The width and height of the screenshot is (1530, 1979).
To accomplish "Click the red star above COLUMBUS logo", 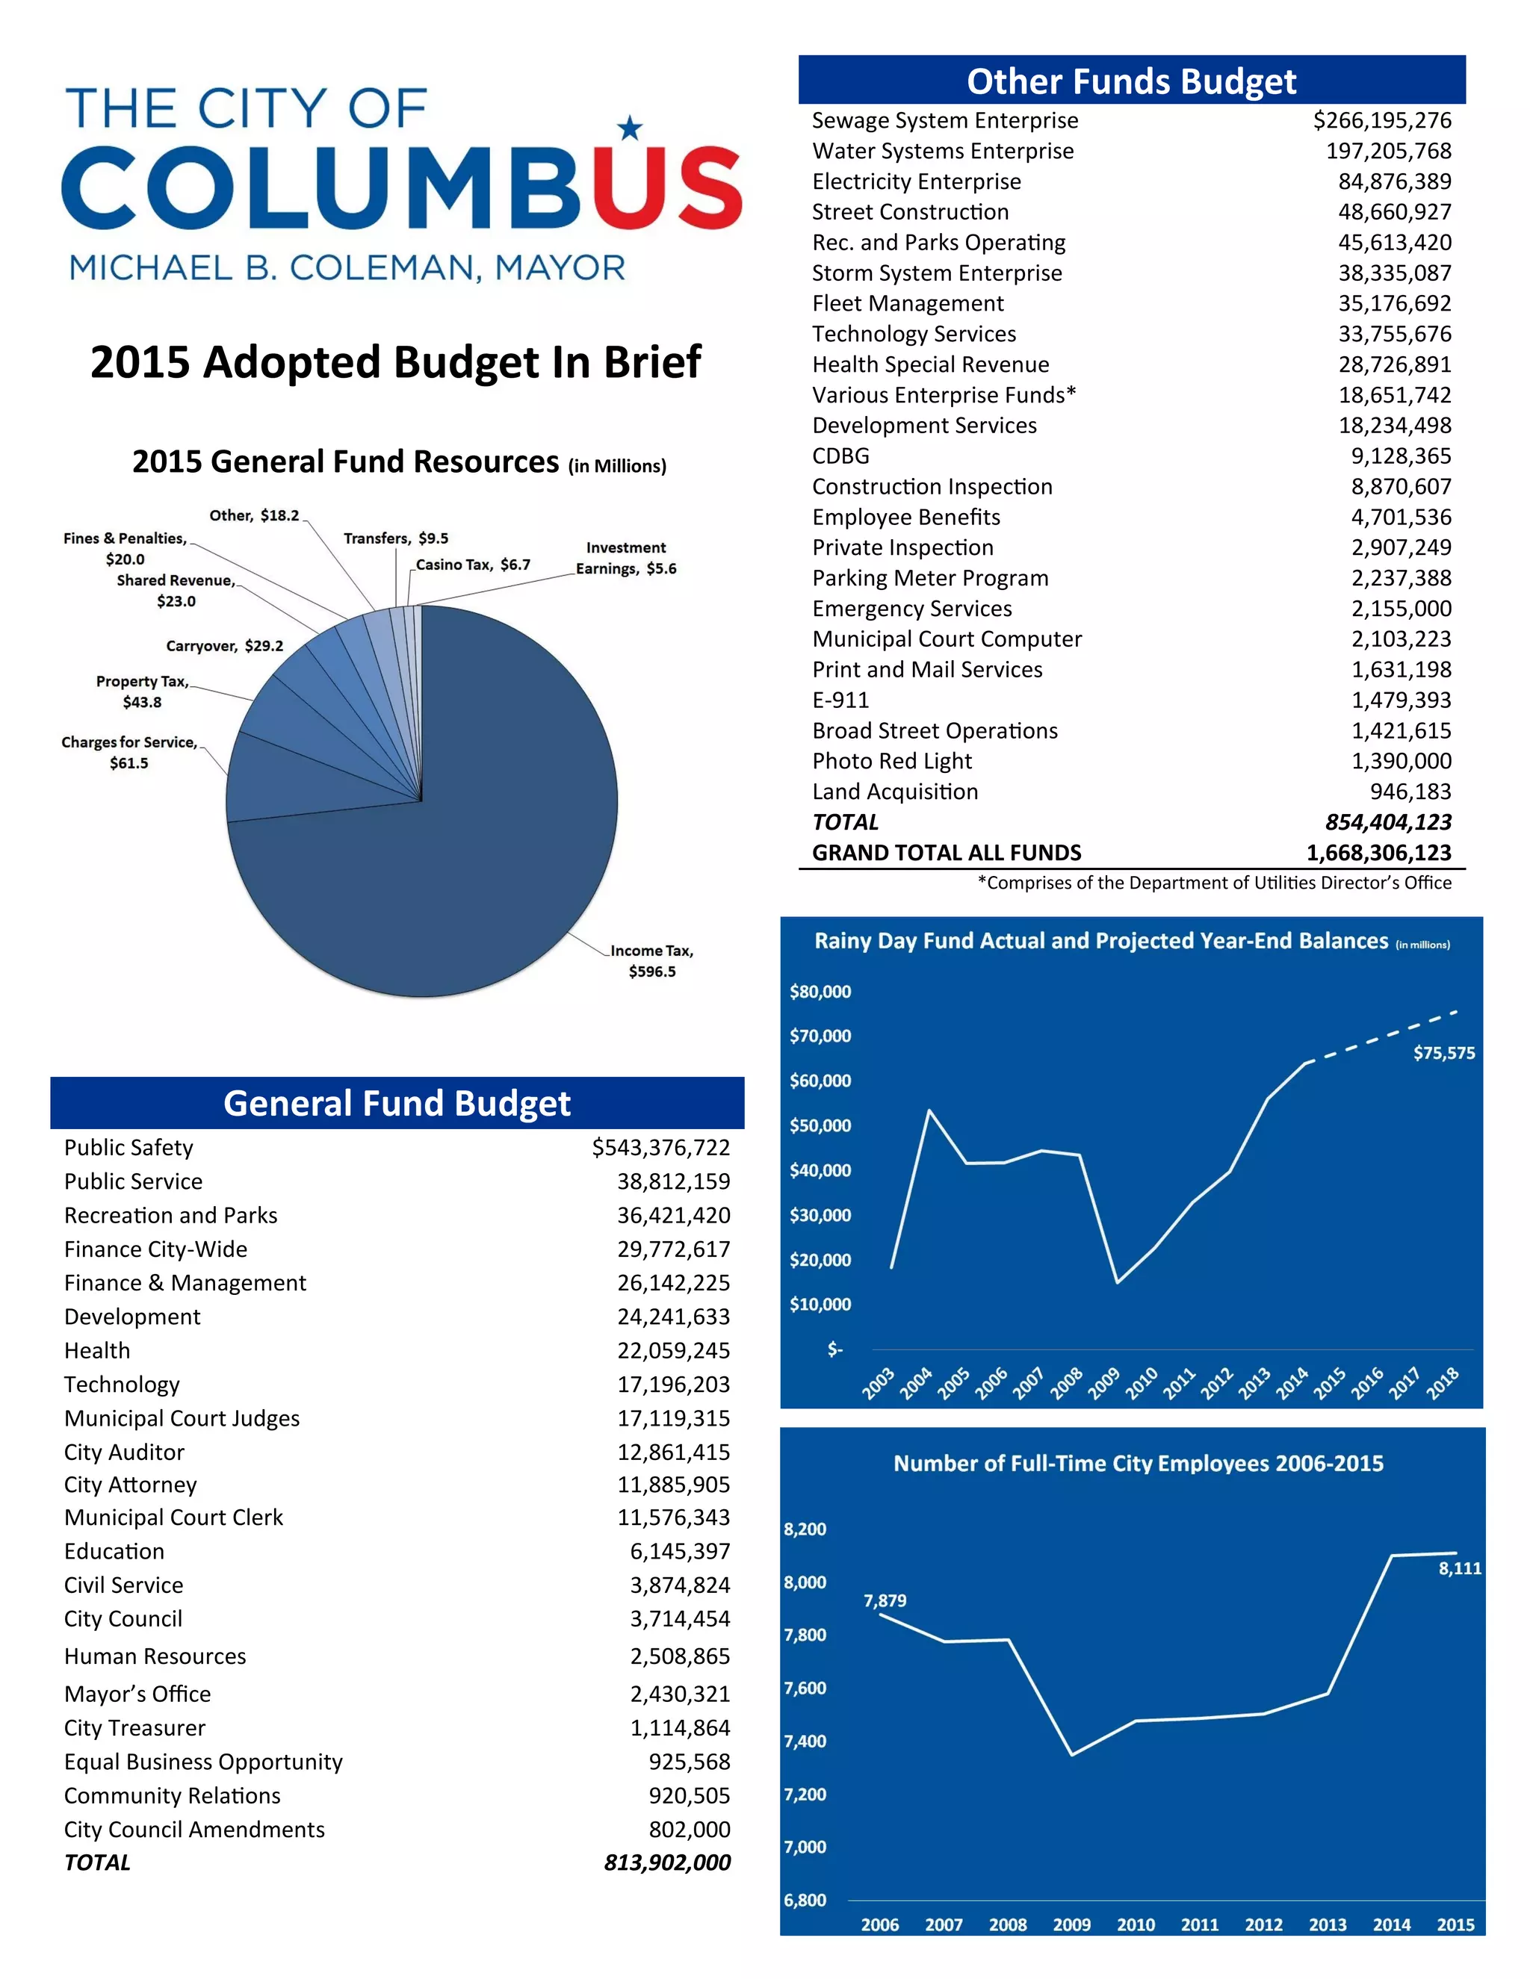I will [x=629, y=128].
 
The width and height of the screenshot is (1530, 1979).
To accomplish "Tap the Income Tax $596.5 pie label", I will [x=651, y=960].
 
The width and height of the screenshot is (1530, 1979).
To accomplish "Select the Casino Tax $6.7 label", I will [x=473, y=565].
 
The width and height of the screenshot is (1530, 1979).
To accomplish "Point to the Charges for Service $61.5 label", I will [x=128, y=752].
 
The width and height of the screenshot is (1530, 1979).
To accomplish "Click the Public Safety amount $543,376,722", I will [x=660, y=1147].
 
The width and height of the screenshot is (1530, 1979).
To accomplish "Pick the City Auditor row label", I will [x=124, y=1452].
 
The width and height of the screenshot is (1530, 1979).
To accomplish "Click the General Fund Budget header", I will [x=397, y=1103].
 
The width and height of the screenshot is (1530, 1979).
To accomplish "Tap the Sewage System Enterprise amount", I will [x=1381, y=120].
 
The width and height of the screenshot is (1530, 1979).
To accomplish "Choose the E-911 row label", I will [x=840, y=700].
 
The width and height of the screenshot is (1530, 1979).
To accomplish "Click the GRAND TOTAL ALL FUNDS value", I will [x=1378, y=853].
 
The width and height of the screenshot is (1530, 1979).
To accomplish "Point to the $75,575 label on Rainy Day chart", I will [x=1443, y=1053].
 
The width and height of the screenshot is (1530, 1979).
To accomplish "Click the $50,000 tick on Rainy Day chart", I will [x=820, y=1125].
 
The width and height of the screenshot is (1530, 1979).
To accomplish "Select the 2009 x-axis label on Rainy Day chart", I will [x=1104, y=1383].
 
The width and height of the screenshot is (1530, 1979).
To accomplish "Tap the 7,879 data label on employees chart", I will [x=885, y=1600].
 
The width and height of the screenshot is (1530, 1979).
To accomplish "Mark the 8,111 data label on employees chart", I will [x=1459, y=1568].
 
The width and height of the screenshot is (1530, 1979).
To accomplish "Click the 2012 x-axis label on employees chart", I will [x=1263, y=1924].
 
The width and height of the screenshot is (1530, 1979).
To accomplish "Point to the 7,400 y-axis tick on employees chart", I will [x=805, y=1741].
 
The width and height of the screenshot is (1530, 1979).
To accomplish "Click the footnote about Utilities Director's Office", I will [x=1214, y=883].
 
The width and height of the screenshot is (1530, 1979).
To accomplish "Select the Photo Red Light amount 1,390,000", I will [x=1401, y=761].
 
